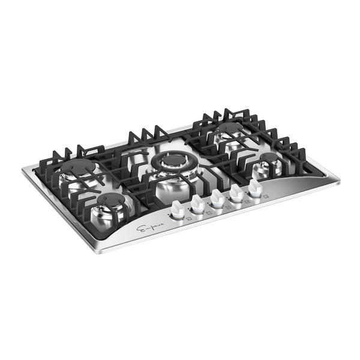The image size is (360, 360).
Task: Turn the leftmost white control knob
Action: (178, 209)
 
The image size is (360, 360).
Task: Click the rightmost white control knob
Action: (256, 188)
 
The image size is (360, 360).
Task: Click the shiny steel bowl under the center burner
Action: (171, 183)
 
